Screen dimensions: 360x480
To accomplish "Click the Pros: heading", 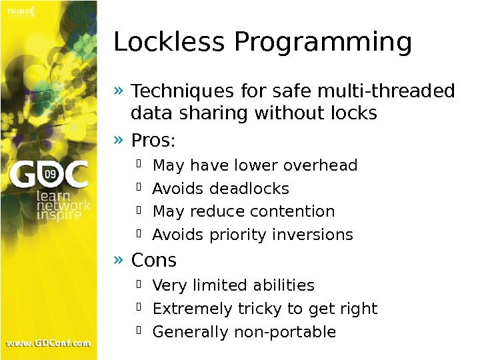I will [153, 142].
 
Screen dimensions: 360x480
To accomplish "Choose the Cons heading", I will [154, 259].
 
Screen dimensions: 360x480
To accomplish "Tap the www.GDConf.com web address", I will [48, 343].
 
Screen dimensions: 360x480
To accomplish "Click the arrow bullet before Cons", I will [119, 258].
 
